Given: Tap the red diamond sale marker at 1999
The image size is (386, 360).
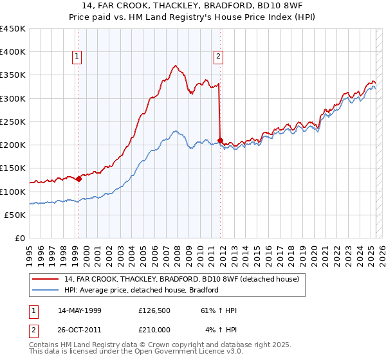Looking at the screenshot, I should tap(78, 179).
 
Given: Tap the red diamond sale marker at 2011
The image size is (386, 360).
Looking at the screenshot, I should tap(221, 140).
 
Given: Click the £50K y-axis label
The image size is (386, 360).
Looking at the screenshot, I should tap(15, 215).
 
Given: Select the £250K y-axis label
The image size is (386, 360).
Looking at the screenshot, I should tap(12, 122).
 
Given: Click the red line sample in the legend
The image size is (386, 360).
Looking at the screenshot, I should tap(45, 280).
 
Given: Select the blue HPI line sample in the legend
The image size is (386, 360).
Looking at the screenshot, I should tap(45, 290).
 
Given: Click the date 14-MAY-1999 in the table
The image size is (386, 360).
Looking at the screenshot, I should tap(79, 310).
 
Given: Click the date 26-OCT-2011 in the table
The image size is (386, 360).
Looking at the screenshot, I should tap(79, 330).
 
